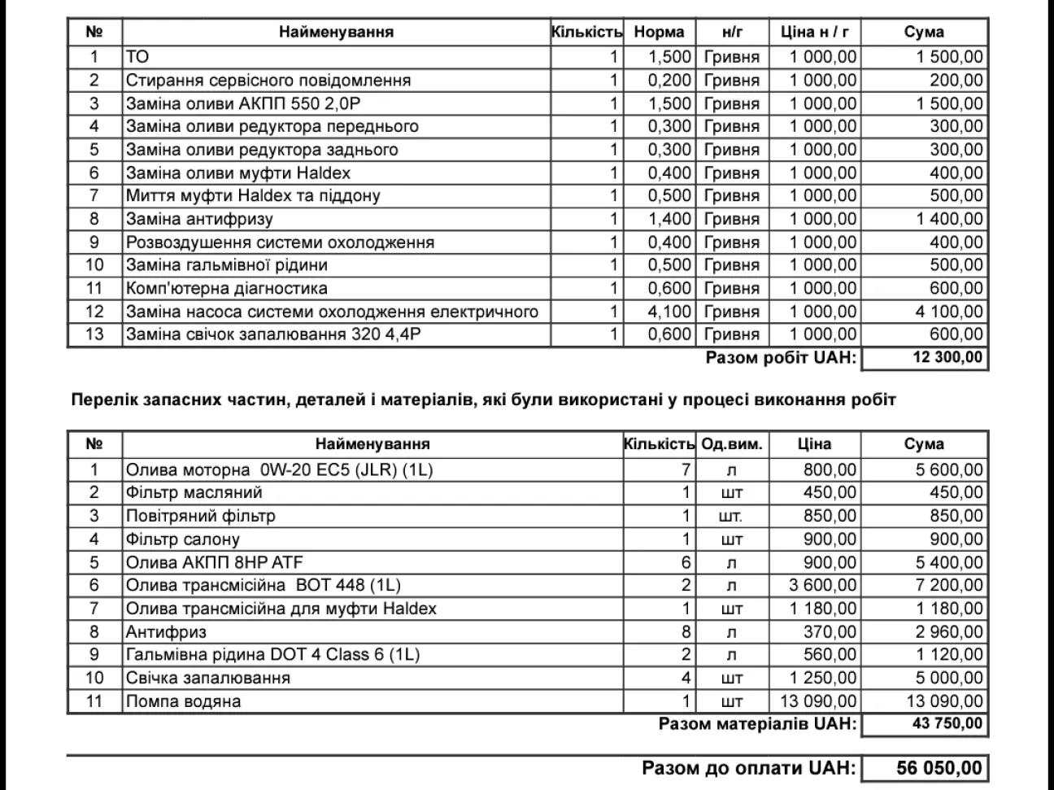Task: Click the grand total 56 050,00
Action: tap(939, 768)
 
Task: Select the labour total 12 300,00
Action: tap(947, 358)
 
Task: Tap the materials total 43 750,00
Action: tap(947, 724)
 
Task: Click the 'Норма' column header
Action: tap(659, 33)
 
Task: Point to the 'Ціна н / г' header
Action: tap(814, 33)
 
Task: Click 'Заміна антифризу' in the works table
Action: tap(199, 219)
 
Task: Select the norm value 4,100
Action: tap(669, 312)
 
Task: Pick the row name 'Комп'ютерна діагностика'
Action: tap(226, 288)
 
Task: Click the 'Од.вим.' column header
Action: tap(732, 444)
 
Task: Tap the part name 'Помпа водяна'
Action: tap(183, 701)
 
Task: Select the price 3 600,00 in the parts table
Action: tap(823, 585)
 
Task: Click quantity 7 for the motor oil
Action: tap(686, 469)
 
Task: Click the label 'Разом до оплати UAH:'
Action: tap(748, 768)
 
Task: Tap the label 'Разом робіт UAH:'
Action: tap(781, 358)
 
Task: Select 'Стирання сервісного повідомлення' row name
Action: tap(268, 81)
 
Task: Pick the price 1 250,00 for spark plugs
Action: tap(823, 678)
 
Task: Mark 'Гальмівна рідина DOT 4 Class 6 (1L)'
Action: tap(272, 654)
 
